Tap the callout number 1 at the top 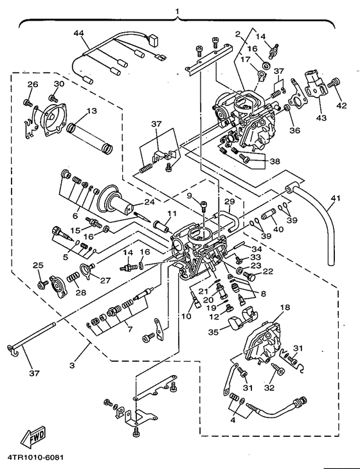coord(178,11)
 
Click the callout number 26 coord(32,84)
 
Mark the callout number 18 coord(285,308)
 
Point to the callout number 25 coord(37,265)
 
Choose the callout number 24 coord(149,202)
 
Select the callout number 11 coord(172,213)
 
